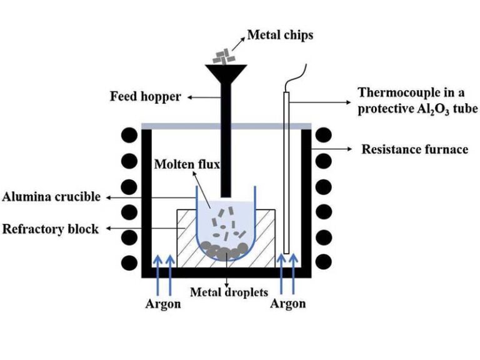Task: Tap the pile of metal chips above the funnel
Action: pos(221,57)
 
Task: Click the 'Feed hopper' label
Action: pos(145,97)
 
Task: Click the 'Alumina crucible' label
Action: pos(51,197)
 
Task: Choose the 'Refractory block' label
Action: pos(51,229)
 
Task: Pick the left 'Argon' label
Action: pos(163,304)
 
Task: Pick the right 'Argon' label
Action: pos(287,304)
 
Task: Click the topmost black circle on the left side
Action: pos(129,135)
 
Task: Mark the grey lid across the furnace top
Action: pos(226,127)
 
